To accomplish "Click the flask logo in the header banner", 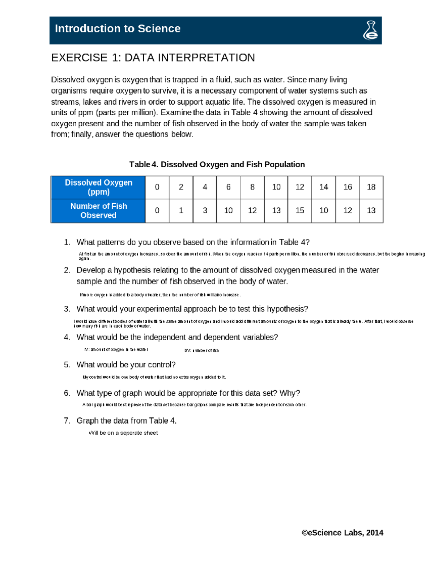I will pos(370,30).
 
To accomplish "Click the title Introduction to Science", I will pos(118,29).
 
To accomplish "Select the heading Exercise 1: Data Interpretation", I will pos(153,58).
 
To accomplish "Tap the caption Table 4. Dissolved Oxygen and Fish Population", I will pos(217,164).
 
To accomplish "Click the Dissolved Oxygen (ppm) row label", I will pos(98,187).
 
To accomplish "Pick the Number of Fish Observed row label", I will pos(98,211).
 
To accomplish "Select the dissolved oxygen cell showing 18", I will pos(371,187).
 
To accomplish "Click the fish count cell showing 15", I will pos(300,211).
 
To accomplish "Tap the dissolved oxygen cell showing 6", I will pos(228,187).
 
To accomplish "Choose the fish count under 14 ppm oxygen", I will pos(324,211).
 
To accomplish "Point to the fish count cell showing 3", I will pos(205,211).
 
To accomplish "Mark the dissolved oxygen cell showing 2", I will pos(181,187).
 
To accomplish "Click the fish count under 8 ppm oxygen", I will pos(252,211).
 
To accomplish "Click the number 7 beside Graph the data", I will pos(67,421).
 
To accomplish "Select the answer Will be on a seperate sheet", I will pos(123,433).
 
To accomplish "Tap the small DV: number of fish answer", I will pos(201,350).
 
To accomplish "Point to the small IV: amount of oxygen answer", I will pos(116,350).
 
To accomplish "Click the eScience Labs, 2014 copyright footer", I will pos(342,533).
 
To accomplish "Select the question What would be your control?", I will pos(126,365).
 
